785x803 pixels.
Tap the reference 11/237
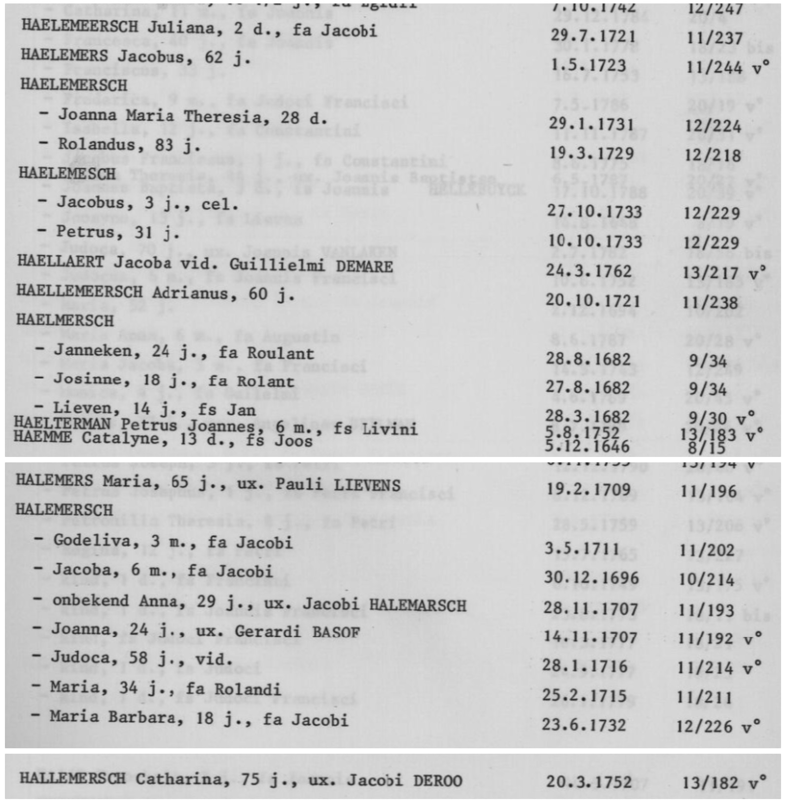coord(714,38)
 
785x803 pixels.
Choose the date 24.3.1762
coord(589,271)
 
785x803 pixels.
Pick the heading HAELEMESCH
coord(67,174)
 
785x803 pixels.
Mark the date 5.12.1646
coord(587,447)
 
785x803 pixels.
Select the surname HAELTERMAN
coord(62,423)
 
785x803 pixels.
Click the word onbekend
coord(91,600)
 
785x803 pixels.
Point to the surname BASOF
coord(336,632)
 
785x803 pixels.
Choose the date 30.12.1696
coord(591,578)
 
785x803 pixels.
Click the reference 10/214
coord(707,579)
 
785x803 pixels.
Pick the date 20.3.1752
coord(589,782)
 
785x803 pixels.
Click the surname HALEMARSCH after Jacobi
coord(417,605)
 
